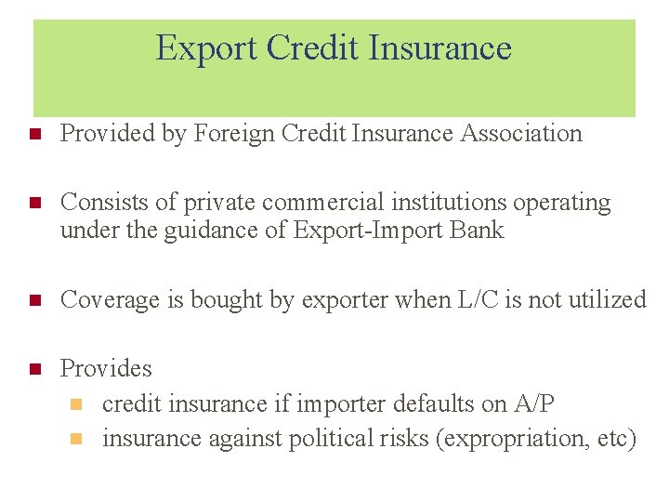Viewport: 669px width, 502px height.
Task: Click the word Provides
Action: tap(106, 368)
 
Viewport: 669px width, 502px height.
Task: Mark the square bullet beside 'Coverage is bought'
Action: tap(36, 300)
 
